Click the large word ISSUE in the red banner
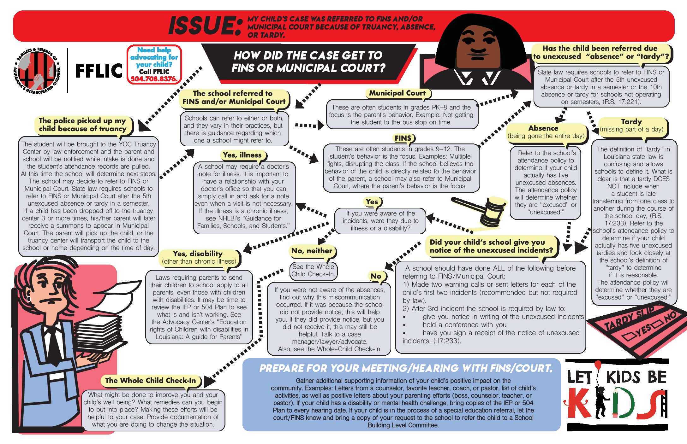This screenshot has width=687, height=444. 205,26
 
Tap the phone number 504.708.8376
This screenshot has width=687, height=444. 154,79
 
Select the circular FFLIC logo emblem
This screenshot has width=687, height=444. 37,71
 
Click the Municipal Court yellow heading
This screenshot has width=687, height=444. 397,93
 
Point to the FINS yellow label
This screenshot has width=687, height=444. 403,138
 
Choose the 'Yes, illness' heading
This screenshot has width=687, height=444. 242,155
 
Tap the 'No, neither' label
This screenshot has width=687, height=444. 312,251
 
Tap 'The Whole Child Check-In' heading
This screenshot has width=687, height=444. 151,381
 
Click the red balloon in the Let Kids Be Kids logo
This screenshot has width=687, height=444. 598,365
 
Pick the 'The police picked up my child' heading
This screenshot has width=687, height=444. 82,125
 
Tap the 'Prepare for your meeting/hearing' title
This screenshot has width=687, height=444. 406,368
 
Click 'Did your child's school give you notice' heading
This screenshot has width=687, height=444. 491,246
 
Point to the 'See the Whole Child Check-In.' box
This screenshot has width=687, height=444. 313,271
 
